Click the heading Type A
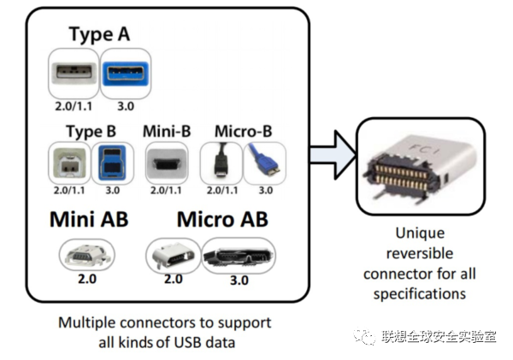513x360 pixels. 99,36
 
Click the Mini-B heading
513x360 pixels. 166,132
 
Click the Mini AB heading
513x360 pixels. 88,219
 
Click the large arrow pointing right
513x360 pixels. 329,154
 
